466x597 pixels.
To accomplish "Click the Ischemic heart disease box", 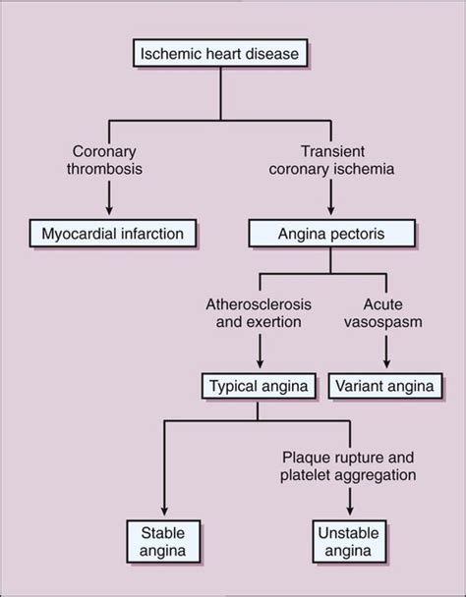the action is point(220,53).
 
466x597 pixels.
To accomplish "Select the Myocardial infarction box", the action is point(113,233).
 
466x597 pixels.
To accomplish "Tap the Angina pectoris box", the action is point(331,233).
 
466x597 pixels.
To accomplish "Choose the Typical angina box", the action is point(259,386).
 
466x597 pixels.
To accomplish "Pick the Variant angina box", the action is point(385,386).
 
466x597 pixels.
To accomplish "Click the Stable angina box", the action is point(163,541).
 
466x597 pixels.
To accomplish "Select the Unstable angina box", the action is point(349,541).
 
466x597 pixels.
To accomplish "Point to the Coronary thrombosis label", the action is point(104,160).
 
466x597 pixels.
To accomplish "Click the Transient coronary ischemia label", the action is point(331,160).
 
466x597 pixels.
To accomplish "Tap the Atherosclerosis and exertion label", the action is point(259,313).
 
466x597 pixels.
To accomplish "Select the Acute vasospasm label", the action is point(383,313).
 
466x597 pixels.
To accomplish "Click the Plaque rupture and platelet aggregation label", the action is point(348,466).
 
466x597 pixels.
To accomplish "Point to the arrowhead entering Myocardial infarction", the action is point(109,210).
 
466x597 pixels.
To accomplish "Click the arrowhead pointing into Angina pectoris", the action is point(331,210).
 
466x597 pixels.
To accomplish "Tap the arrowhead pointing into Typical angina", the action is point(261,363).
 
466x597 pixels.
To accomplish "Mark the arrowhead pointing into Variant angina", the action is point(386,363).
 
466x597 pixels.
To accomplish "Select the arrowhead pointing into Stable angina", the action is point(164,511).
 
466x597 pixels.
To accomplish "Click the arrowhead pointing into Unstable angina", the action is point(350,511).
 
